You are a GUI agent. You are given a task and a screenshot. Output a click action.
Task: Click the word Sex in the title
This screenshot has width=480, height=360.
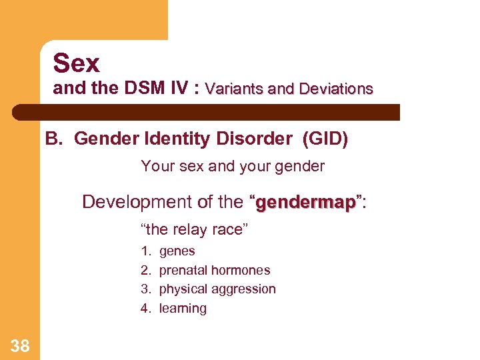[76, 63]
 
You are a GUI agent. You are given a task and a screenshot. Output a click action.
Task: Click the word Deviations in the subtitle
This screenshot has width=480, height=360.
[336, 89]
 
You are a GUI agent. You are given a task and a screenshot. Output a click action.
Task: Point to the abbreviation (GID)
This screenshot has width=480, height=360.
[325, 139]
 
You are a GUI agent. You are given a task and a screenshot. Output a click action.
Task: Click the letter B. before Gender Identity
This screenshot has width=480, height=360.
[53, 139]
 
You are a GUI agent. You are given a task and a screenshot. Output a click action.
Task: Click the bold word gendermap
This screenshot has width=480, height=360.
[305, 202]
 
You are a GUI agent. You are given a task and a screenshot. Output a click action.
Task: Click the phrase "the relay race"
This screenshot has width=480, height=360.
[193, 230]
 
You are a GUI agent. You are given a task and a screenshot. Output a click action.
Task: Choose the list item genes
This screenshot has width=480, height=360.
[177, 251]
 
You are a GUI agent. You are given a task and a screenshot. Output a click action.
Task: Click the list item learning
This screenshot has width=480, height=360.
[183, 308]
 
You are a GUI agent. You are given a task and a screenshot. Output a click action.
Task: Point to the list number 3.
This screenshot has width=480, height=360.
[145, 289]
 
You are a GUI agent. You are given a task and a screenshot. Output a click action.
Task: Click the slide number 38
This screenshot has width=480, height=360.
[20, 345]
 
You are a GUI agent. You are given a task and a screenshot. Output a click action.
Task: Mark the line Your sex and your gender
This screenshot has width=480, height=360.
[233, 167]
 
